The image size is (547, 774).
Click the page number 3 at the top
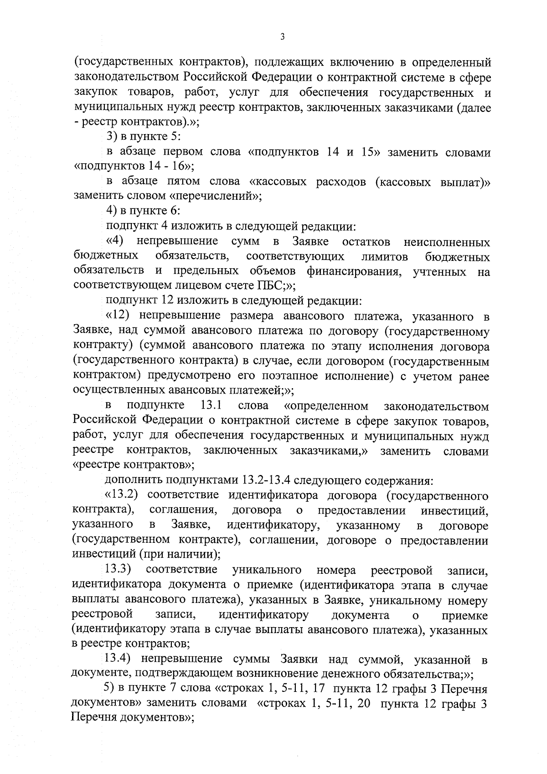283,38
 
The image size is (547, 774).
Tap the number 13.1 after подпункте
211,405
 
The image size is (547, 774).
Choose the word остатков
366,241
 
